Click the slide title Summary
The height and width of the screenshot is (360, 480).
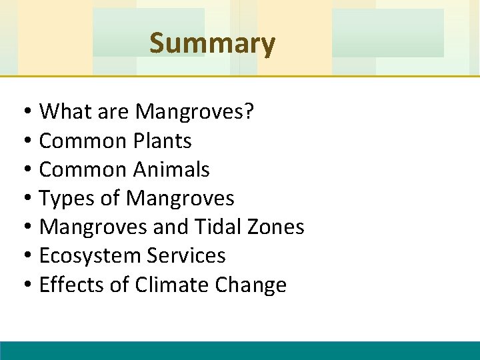212,44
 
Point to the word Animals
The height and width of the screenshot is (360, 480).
171,169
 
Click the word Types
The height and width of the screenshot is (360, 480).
62,198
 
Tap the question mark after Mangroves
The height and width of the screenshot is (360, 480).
249,112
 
